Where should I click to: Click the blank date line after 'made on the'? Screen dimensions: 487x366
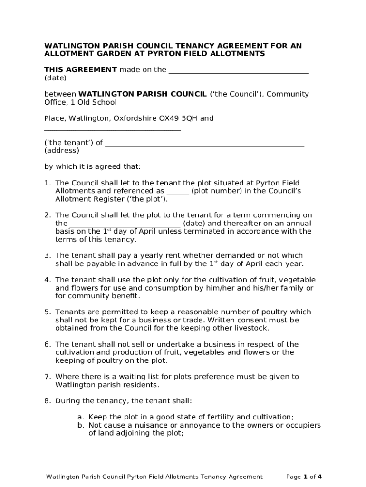[x=239, y=72]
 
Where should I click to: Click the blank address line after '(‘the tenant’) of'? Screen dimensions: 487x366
[x=204, y=145]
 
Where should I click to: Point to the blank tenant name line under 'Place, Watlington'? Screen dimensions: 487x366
[x=112, y=128]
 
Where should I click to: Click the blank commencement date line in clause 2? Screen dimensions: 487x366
[x=125, y=225]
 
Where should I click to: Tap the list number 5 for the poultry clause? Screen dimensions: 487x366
[x=48, y=312]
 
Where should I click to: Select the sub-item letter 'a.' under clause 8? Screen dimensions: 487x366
[x=81, y=417]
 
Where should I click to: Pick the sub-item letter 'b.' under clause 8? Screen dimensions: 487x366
[x=81, y=425]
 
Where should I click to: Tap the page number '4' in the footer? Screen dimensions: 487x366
[x=320, y=477]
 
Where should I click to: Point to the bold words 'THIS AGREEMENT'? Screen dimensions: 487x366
[x=80, y=70]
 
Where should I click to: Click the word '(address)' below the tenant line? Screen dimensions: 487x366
[x=62, y=150]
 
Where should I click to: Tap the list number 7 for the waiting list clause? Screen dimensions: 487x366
[x=48, y=377]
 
